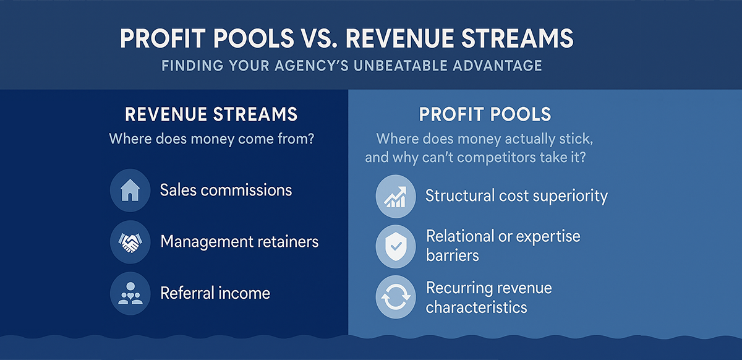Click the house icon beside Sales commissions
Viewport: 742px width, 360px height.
coord(130,191)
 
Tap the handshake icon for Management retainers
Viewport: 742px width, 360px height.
coord(130,241)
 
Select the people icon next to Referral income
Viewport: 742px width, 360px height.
coord(130,293)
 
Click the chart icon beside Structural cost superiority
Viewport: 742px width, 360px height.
coord(395,197)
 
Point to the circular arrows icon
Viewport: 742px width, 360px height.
coord(395,298)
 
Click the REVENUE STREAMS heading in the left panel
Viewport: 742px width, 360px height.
coord(211,115)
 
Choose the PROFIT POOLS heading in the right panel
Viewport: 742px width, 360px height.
coord(485,115)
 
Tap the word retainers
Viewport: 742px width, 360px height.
coord(284,241)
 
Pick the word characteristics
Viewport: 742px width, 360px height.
coord(476,307)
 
